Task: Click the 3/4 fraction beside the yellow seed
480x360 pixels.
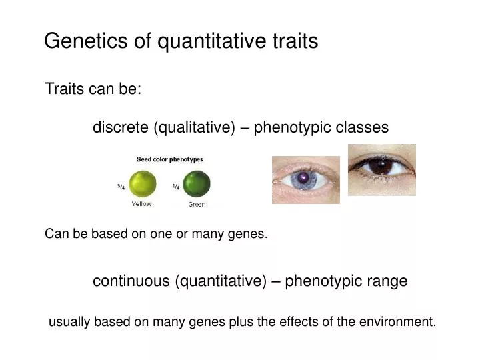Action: click(121, 187)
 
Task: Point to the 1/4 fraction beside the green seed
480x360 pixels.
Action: click(175, 187)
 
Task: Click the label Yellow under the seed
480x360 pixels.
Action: click(141, 203)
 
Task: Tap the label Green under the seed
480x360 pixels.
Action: click(197, 204)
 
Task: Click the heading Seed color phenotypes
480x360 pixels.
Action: click(170, 159)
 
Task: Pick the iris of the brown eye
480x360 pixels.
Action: click(381, 167)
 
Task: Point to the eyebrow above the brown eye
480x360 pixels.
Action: click(380, 149)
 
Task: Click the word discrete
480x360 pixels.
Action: click(121, 127)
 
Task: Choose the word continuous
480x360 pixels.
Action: click(131, 281)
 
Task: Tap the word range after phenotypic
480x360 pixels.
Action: click(387, 281)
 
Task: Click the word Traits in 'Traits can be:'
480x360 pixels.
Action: click(61, 89)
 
